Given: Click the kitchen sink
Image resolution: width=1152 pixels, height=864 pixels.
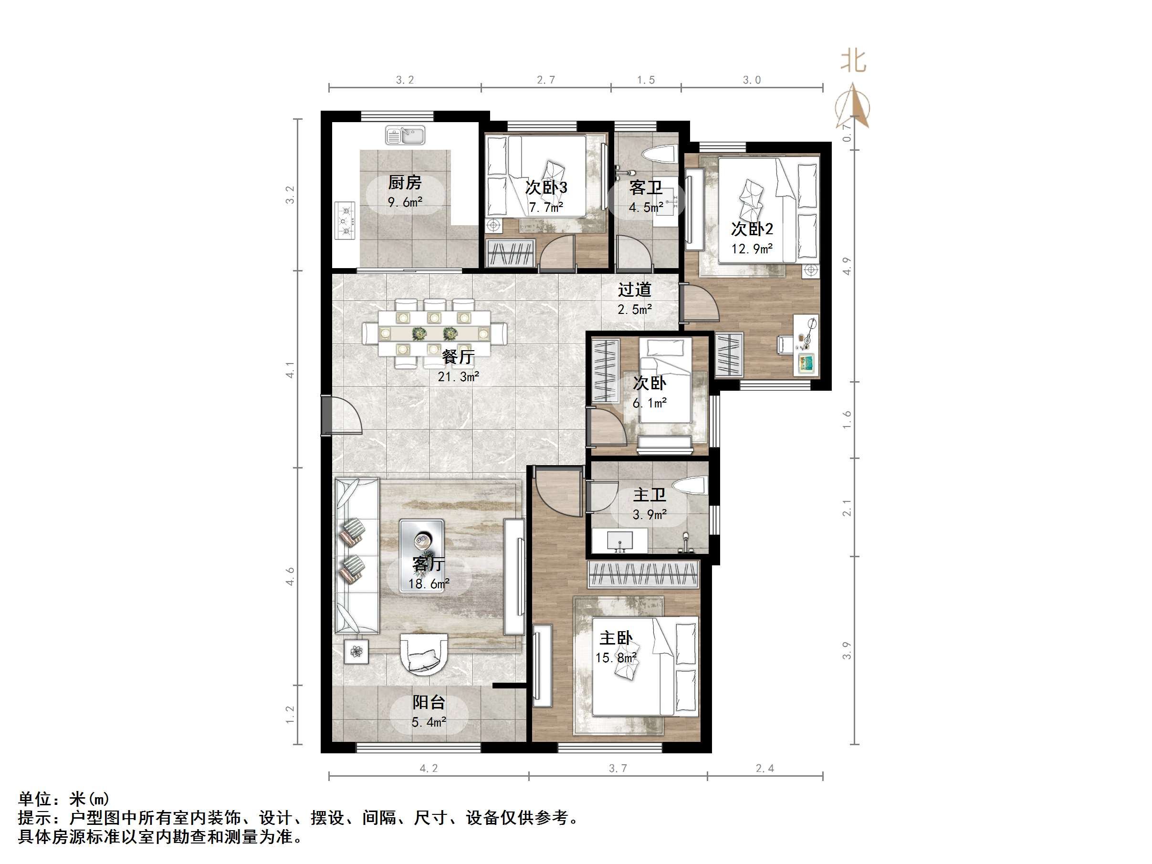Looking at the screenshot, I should [405, 135].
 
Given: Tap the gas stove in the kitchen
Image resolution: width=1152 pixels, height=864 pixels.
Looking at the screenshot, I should [345, 220].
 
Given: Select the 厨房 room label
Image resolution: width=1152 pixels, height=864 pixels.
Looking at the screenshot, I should [405, 182].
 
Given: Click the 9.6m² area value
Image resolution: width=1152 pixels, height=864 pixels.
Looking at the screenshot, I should [405, 202].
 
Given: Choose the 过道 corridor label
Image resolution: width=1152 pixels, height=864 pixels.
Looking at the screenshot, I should [634, 290].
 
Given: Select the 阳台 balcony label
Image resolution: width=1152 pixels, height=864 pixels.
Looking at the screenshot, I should [429, 702].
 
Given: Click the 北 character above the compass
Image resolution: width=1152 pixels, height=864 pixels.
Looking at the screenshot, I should [853, 62].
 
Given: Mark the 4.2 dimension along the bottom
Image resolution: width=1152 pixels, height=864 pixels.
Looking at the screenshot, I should [429, 768].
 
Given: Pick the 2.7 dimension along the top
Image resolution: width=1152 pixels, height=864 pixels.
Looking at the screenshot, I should [546, 80].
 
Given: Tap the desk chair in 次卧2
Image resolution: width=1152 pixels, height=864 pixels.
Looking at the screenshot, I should [785, 344].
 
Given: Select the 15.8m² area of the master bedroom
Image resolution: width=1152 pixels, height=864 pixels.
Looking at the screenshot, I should [616, 658].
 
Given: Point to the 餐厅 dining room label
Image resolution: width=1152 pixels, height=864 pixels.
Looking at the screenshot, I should [458, 357].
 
